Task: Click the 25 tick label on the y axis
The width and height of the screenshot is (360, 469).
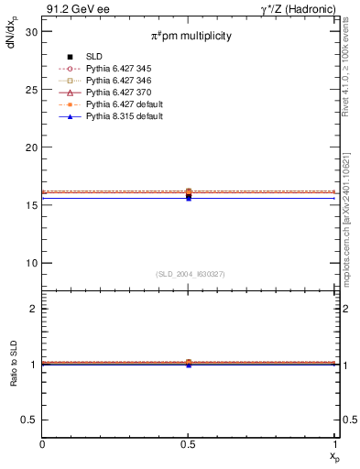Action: pos(30,89)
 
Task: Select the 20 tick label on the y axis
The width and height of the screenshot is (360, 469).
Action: pos(30,147)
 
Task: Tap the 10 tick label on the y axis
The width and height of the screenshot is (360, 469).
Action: pos(30,263)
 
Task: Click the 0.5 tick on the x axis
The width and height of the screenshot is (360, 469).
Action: pos(189,445)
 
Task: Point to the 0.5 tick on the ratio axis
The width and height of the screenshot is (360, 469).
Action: pos(31,420)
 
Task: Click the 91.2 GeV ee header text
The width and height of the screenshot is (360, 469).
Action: pos(72,8)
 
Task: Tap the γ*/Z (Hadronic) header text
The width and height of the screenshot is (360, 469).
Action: pos(299,8)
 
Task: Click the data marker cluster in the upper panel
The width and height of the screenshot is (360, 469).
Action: pos(189,193)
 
